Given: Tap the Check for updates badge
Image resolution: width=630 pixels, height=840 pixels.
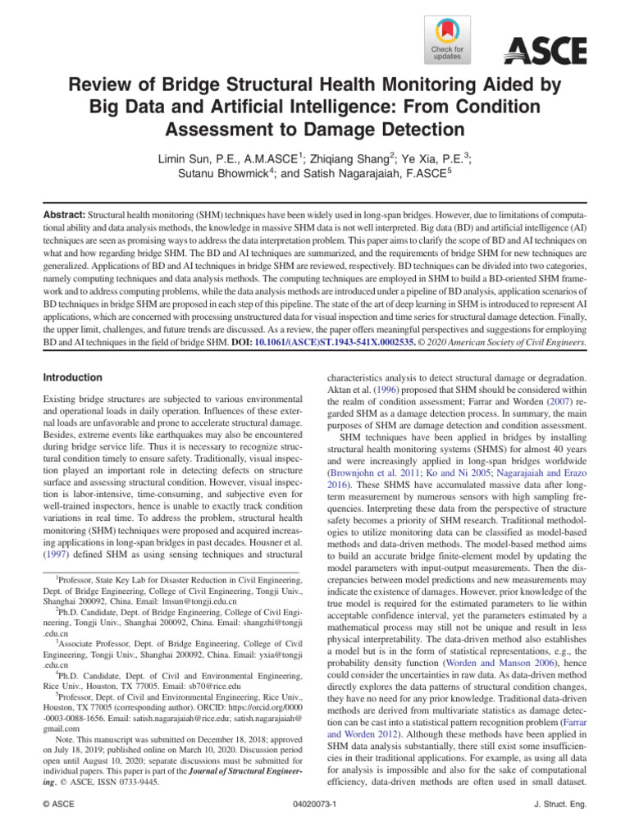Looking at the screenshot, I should coord(446,40).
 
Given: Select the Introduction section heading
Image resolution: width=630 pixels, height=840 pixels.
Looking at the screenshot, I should coord(74,377).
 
